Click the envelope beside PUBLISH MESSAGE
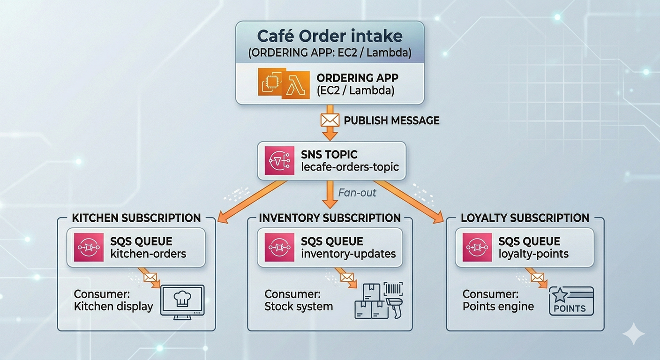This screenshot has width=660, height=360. click(330, 120)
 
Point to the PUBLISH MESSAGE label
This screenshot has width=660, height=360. click(392, 120)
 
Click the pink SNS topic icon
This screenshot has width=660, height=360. click(276, 161)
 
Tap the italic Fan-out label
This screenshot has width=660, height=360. click(357, 192)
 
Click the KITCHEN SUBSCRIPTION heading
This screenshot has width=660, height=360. click(136, 218)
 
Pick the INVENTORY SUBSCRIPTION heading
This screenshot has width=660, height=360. click(330, 218)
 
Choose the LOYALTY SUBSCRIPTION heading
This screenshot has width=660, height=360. click(525, 218)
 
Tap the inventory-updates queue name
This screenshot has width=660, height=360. click(348, 254)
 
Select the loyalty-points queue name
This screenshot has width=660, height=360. click(533, 254)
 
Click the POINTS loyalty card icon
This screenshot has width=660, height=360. click(571, 301)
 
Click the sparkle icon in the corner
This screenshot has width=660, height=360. click(633, 333)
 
